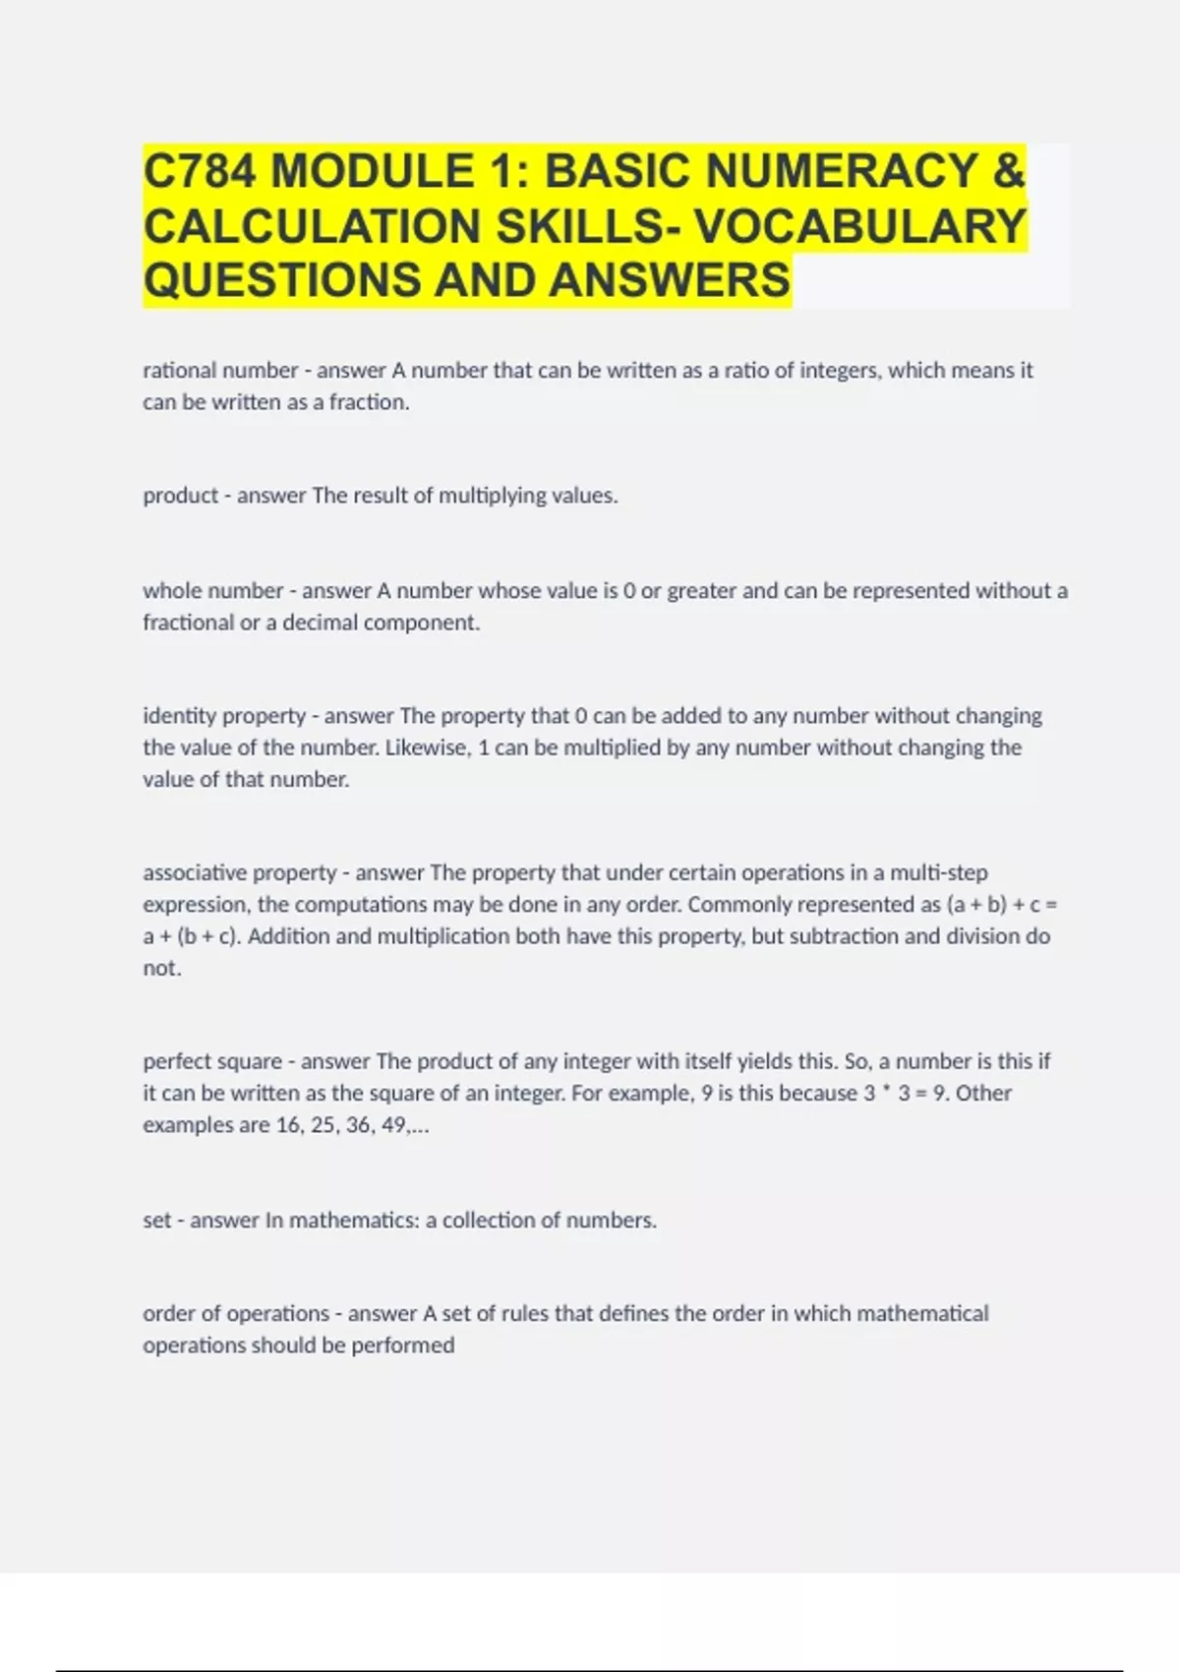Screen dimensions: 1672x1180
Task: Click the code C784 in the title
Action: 200,171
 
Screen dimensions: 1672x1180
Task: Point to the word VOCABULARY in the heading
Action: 860,225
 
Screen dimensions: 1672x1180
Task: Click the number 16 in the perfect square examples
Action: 289,1125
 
